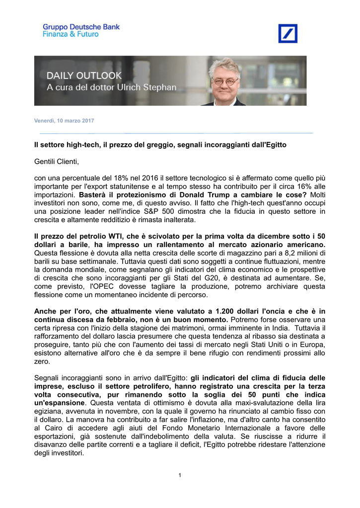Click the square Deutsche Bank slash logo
(288, 33)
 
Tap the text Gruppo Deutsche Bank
(81, 27)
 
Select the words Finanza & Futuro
(71, 34)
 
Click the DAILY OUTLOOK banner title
(84, 75)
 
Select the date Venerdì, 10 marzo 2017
(64, 121)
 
